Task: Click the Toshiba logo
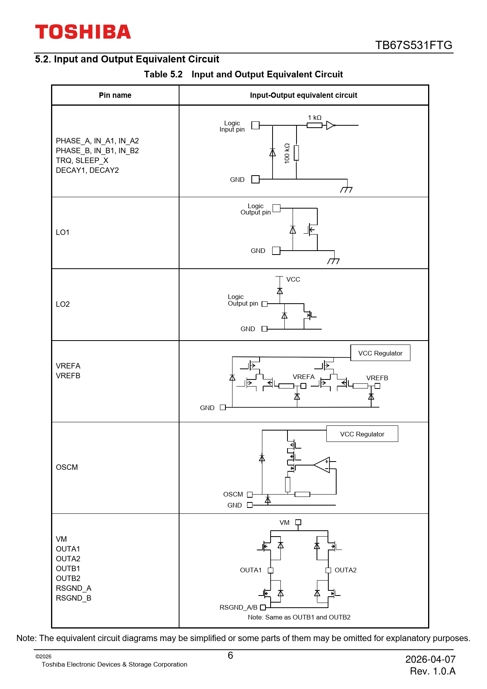coord(83,32)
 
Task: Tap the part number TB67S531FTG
coord(414,45)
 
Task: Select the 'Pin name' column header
coord(115,95)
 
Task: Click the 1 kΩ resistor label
coord(315,117)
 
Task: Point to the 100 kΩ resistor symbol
coord(297,153)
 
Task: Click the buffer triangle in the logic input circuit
coord(330,125)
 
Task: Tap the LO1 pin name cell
coord(63,232)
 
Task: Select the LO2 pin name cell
coord(63,304)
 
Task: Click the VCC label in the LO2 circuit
coord(293,279)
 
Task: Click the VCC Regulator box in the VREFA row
coord(380,353)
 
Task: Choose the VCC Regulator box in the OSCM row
coord(362,434)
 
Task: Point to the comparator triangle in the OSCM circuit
coord(322,465)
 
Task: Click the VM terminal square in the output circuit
coord(298,522)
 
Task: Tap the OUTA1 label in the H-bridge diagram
coord(251,570)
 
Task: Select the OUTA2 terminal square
coord(328,570)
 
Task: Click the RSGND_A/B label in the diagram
coord(238,607)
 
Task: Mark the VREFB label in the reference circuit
coord(377,378)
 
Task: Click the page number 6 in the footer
coord(231,655)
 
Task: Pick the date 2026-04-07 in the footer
coord(430,659)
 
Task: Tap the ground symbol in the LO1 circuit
coord(333,261)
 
